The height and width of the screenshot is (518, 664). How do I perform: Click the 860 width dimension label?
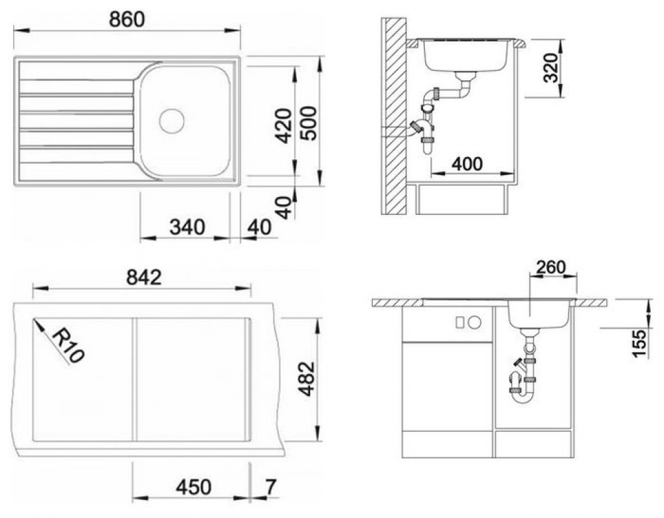click(x=127, y=20)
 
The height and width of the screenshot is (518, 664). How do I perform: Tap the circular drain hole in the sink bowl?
click(x=171, y=121)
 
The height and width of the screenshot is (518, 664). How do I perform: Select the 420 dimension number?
click(x=284, y=125)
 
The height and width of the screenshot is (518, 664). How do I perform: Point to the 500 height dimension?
click(x=307, y=123)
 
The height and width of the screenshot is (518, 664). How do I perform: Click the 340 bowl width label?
click(x=187, y=227)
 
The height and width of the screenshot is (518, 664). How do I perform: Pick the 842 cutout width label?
click(x=144, y=277)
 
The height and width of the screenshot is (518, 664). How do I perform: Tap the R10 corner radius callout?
click(x=68, y=346)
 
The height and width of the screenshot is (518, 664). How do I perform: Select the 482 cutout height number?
click(x=307, y=379)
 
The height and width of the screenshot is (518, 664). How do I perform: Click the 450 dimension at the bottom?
click(x=193, y=487)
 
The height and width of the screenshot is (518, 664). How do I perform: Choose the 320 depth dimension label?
click(x=550, y=68)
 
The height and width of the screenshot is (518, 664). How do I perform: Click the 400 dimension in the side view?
click(x=467, y=164)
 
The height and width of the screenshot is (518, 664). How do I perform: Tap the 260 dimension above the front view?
click(x=550, y=267)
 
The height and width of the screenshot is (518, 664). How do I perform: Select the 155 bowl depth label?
click(x=639, y=343)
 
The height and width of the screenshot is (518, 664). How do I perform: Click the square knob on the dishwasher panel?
click(x=460, y=322)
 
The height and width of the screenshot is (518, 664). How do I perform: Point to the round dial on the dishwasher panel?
click(x=475, y=322)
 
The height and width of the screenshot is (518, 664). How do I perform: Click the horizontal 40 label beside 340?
click(x=259, y=227)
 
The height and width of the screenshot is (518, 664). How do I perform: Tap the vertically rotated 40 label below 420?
click(x=286, y=208)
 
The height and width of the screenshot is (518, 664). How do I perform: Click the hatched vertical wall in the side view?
click(x=394, y=116)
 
